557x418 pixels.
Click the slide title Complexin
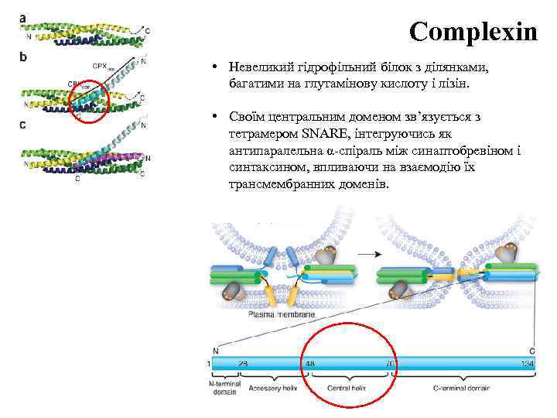tap(473, 33)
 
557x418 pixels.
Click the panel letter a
tap(23, 18)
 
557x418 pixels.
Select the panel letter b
tap(23, 57)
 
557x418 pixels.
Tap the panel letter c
tap(23, 124)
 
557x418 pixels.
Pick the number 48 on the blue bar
tap(310, 363)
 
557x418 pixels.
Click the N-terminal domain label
tap(224, 388)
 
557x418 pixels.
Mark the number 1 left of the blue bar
tap(209, 363)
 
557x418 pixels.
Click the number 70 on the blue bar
tap(390, 363)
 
